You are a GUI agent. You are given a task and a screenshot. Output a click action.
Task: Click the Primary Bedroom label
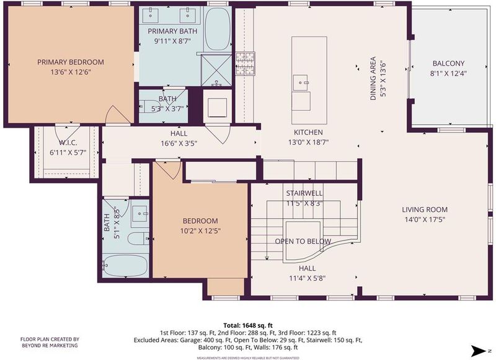click(71, 62)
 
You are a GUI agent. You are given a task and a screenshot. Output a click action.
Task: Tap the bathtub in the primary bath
click(218, 29)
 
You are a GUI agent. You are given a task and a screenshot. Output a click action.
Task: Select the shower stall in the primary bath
click(216, 70)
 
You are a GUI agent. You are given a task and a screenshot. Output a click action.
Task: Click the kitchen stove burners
click(245, 64)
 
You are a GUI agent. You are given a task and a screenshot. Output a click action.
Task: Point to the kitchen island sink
click(300, 82)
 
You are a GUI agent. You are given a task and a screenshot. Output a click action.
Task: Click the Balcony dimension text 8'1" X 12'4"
click(448, 73)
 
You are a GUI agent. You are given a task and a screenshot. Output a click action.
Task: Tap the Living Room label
click(425, 209)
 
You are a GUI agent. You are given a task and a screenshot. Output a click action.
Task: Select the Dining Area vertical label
click(373, 79)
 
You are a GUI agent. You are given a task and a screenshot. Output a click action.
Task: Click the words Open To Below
click(303, 242)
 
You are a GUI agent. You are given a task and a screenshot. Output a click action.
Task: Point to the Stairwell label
click(304, 193)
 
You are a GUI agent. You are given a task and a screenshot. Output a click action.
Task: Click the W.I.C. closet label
click(68, 143)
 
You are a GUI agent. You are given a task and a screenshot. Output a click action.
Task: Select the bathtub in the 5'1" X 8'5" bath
click(126, 265)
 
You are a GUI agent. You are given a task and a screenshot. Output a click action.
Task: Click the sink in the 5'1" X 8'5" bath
click(140, 214)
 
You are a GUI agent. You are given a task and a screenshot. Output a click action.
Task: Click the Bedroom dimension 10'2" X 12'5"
click(200, 231)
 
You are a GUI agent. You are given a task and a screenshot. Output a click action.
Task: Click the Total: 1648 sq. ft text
click(248, 325)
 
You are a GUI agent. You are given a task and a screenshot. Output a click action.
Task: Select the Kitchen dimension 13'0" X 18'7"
click(308, 143)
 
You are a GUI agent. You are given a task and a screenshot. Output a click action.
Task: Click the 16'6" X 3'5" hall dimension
click(179, 144)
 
